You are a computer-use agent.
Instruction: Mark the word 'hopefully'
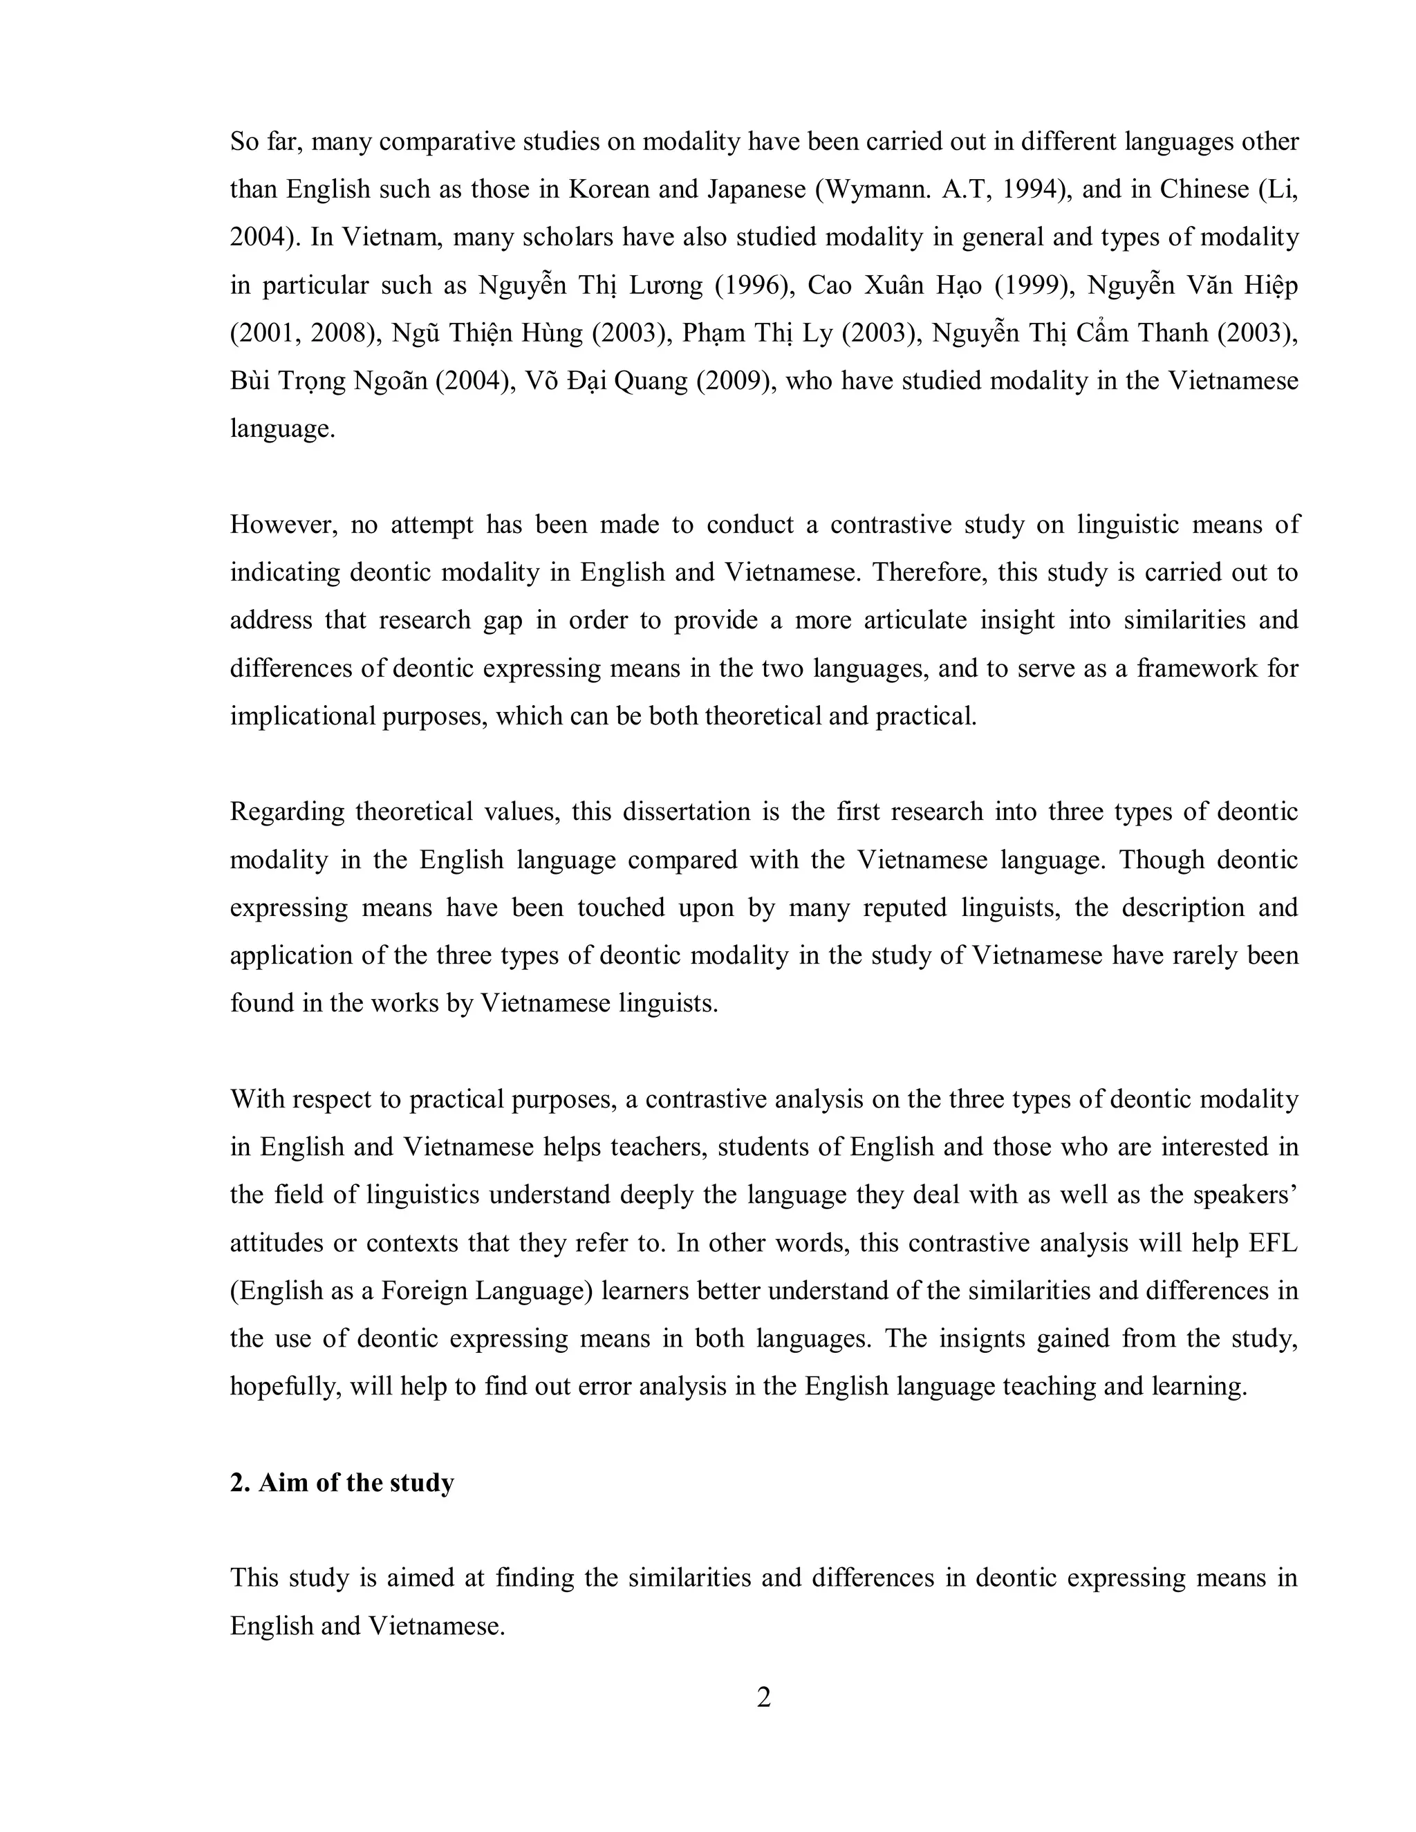tap(284, 1385)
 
